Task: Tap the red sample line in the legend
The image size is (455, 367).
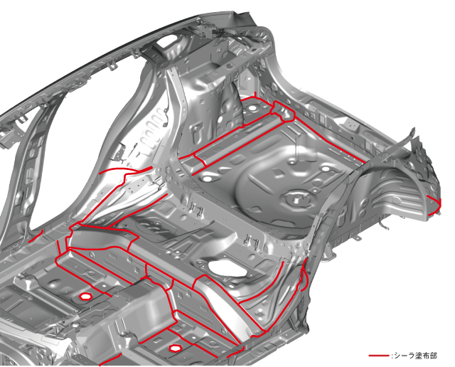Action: tap(379, 356)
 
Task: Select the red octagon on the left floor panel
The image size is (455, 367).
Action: tap(85, 297)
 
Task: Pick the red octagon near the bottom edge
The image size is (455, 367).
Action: tap(174, 348)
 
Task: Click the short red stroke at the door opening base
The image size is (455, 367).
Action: tap(36, 236)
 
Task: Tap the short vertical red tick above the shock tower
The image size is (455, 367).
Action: tap(255, 95)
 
